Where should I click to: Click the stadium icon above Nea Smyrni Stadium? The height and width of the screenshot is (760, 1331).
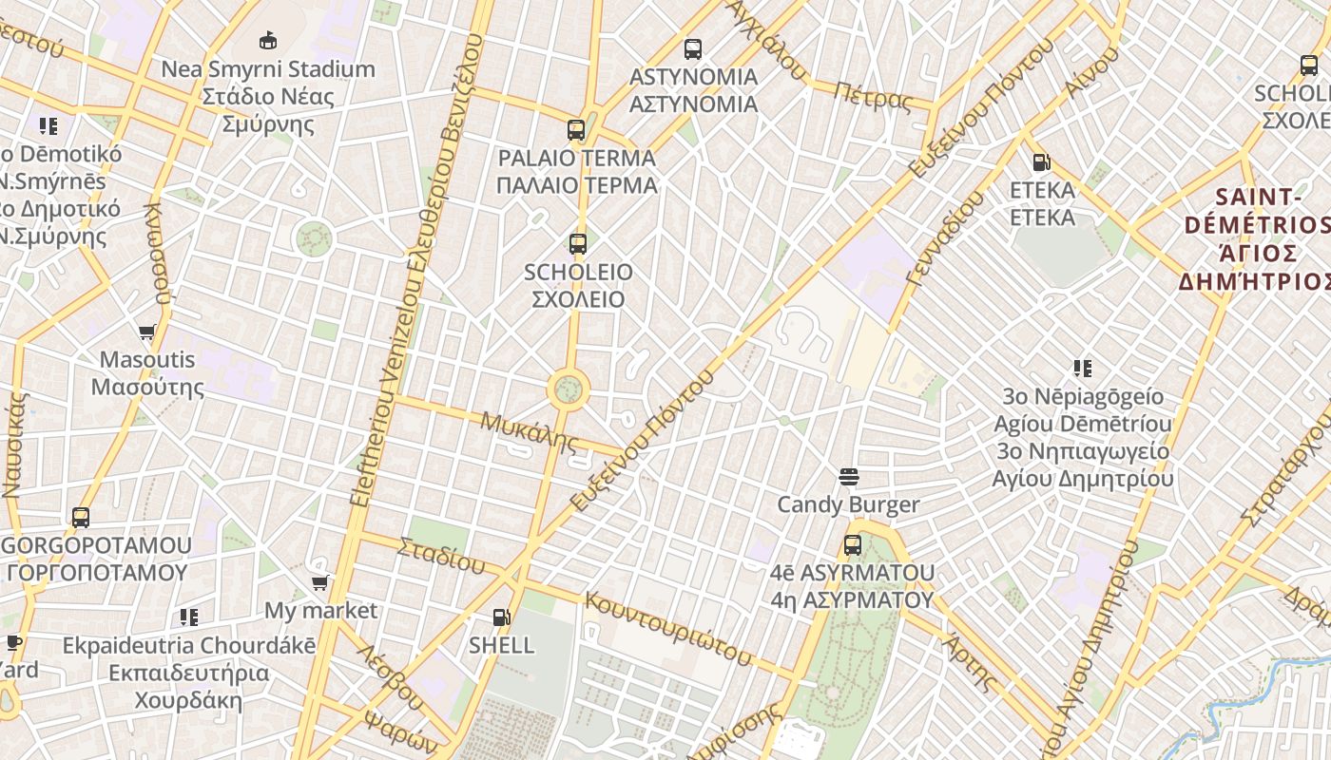268,40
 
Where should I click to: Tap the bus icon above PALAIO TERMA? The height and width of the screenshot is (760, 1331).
576,130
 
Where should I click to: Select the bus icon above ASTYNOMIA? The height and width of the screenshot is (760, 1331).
693,48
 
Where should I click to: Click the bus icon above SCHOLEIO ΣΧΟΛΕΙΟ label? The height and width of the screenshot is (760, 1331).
577,244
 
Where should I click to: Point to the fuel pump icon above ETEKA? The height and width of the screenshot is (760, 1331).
1042,162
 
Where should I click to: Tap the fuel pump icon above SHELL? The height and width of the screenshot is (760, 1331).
502,617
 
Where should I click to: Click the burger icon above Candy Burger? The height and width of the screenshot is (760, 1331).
849,476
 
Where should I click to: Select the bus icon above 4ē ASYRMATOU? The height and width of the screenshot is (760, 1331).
853,545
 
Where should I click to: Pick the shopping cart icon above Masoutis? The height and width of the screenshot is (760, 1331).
147,332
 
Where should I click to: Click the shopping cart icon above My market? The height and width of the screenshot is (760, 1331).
320,582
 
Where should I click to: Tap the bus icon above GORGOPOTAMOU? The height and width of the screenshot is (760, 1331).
81,518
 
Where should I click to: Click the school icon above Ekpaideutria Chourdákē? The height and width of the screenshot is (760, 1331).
189,617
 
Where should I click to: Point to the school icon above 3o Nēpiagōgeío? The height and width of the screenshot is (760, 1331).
1082,368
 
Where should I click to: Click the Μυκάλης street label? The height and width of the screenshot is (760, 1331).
530,430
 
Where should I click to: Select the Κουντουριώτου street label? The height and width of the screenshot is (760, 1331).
667,626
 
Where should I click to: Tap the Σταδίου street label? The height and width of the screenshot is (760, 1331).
441,556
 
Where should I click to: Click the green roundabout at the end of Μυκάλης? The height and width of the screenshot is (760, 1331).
569,389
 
